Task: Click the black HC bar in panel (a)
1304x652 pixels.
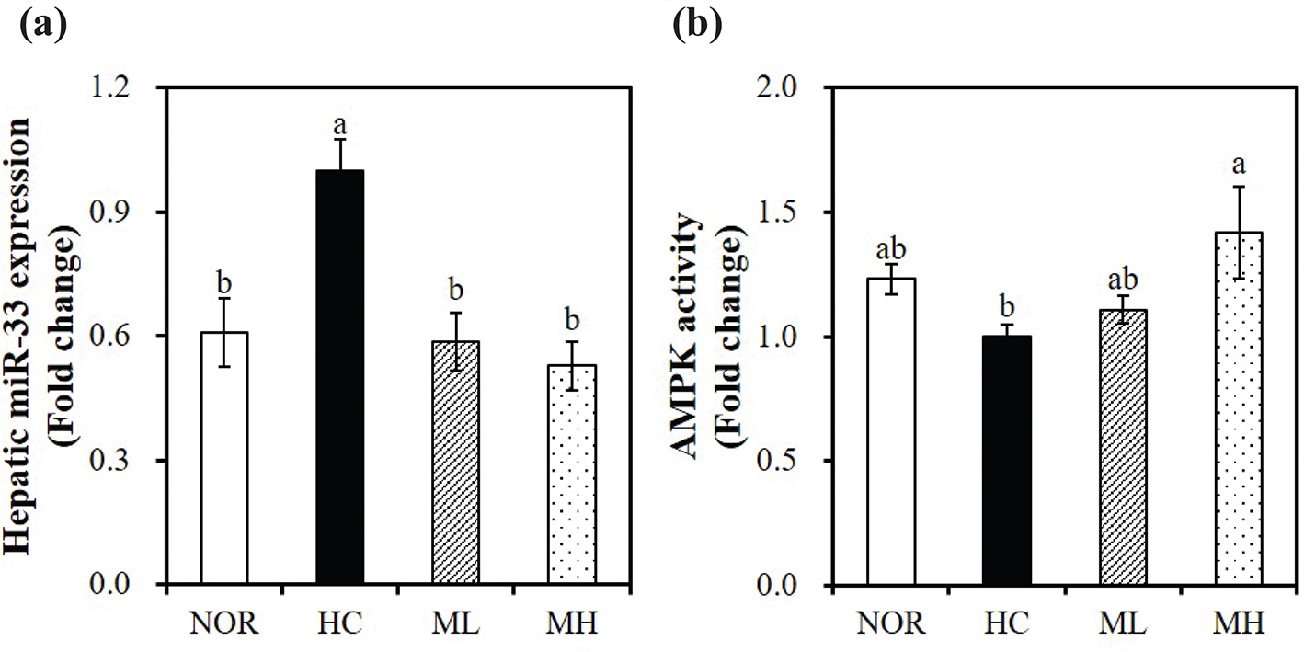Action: tap(339, 377)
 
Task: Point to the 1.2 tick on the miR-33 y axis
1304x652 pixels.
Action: tap(130, 88)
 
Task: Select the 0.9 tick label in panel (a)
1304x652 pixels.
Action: tap(130, 212)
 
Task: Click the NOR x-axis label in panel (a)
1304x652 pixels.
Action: tap(223, 626)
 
